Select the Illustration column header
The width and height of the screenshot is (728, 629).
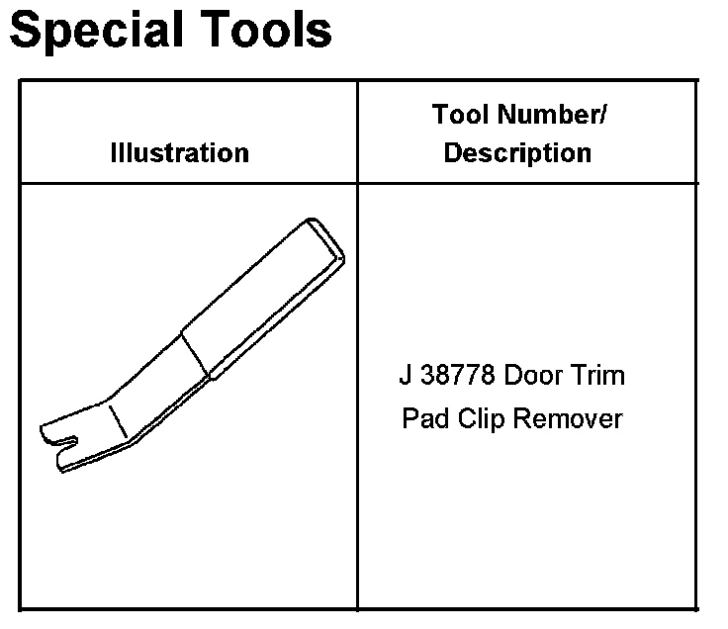click(179, 153)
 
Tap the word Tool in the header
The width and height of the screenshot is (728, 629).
click(462, 115)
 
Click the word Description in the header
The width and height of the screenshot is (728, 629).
click(517, 153)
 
